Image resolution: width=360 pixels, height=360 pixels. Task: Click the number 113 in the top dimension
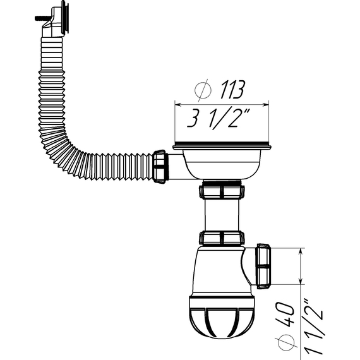point(230,90)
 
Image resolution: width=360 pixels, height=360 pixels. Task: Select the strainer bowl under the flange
point(221,163)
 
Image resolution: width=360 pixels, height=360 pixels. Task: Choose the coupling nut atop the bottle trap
point(222,238)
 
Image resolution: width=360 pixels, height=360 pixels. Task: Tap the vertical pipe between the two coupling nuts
point(221,215)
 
